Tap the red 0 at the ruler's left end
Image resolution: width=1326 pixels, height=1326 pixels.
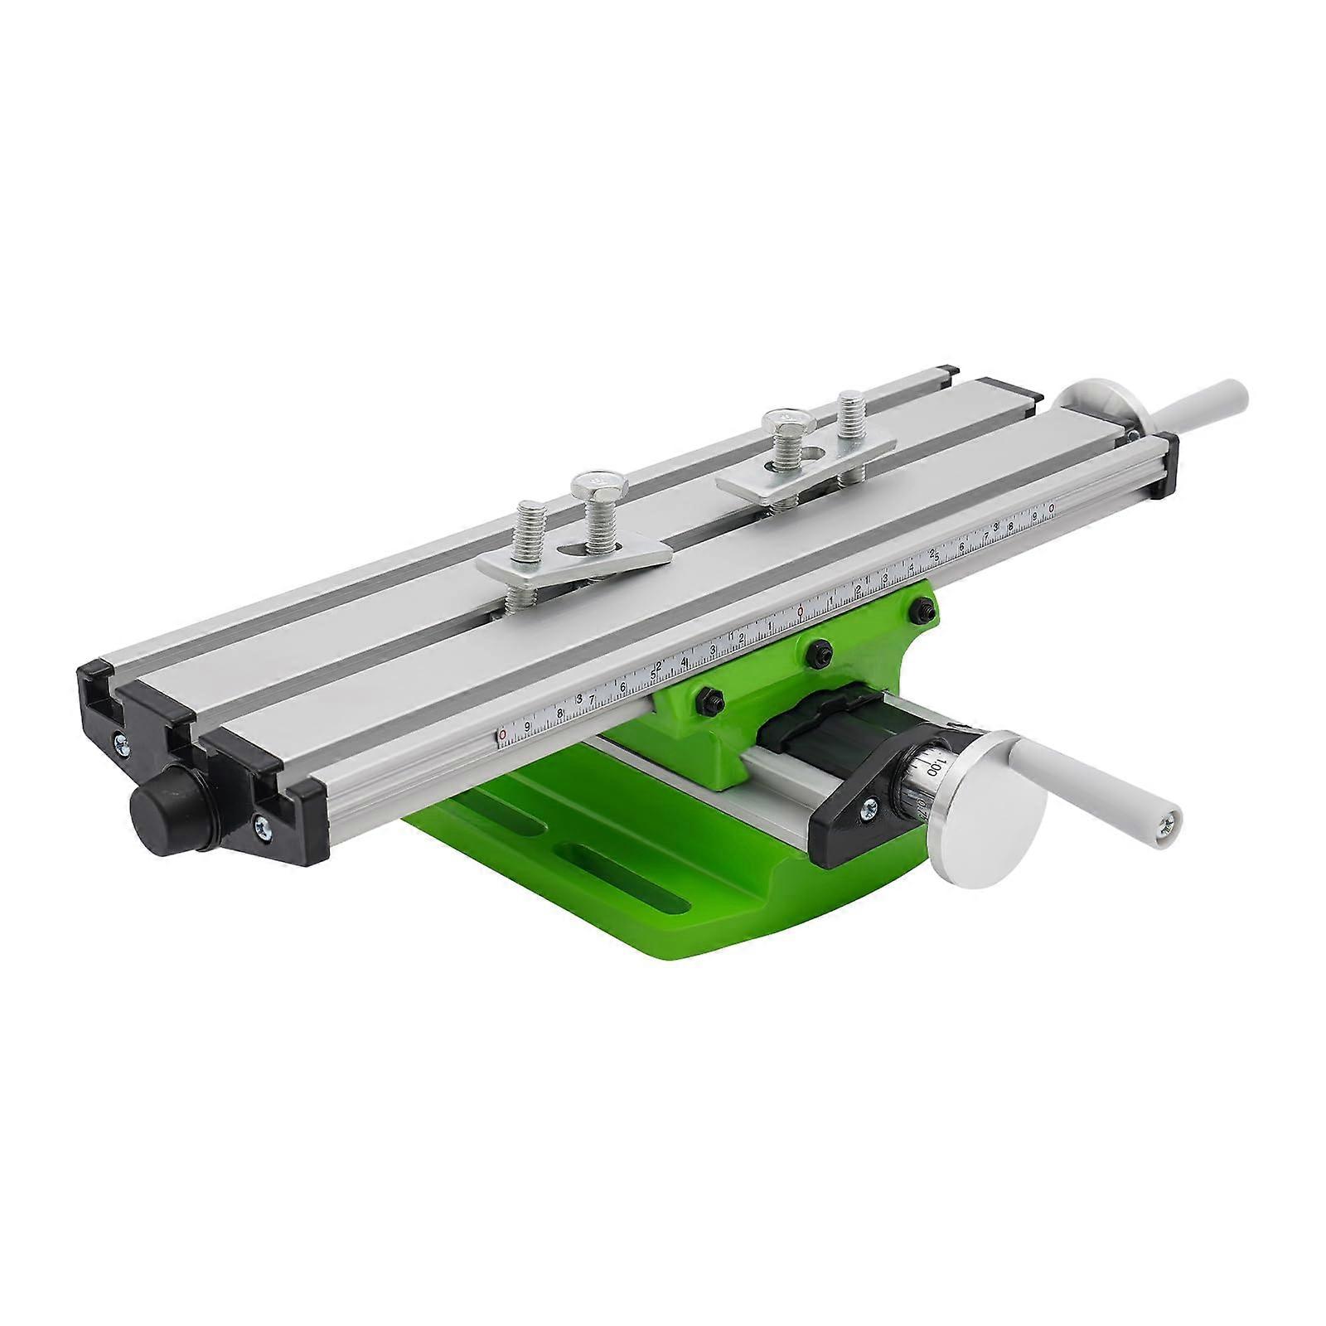[x=502, y=735]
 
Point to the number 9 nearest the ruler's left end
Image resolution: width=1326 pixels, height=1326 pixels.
[x=527, y=727]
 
